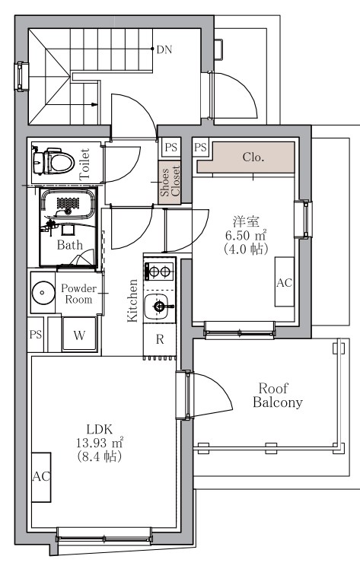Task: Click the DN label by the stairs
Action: [164, 49]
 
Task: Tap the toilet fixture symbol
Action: [53, 161]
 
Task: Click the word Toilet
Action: [84, 164]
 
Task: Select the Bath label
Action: [70, 245]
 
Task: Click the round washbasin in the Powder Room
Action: [43, 292]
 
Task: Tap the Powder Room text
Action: [78, 294]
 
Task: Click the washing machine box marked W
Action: [79, 335]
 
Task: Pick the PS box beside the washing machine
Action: [36, 335]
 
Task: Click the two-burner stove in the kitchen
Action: [160, 272]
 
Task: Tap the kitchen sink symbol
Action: [159, 306]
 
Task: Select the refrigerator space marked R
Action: [160, 339]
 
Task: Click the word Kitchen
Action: [132, 300]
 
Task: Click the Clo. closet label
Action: [253, 157]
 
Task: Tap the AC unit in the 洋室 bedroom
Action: [285, 281]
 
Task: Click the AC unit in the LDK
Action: [41, 477]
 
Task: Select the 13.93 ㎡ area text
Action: [99, 443]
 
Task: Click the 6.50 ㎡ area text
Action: [245, 235]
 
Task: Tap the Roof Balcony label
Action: [278, 395]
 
